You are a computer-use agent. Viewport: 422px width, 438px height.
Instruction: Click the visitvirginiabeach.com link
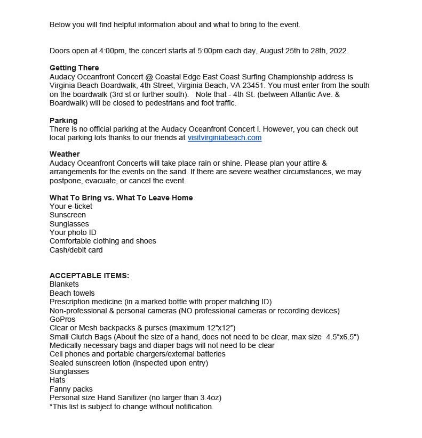(224, 137)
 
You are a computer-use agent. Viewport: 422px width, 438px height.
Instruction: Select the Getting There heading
(74, 68)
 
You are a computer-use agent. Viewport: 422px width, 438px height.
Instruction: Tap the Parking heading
(63, 120)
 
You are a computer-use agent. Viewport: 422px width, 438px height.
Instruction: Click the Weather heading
(65, 154)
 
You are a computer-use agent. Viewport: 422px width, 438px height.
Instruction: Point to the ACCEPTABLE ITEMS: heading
(89, 275)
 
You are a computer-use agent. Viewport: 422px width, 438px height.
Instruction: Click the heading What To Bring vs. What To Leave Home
(121, 198)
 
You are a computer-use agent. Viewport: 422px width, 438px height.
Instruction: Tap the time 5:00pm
(197, 51)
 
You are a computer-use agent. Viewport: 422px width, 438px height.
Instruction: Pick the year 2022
(338, 51)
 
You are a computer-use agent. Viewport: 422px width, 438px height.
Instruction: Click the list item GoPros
(62, 319)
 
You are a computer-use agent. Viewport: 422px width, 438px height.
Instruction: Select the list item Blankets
(64, 284)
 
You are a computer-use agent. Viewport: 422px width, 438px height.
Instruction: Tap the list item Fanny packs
(71, 389)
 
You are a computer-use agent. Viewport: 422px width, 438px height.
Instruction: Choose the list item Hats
(58, 380)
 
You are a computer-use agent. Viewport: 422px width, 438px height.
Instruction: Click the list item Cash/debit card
(76, 250)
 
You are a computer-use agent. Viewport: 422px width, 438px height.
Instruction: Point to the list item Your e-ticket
(71, 206)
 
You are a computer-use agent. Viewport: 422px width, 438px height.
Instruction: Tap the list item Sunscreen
(68, 215)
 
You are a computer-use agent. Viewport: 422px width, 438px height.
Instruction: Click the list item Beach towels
(72, 293)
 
